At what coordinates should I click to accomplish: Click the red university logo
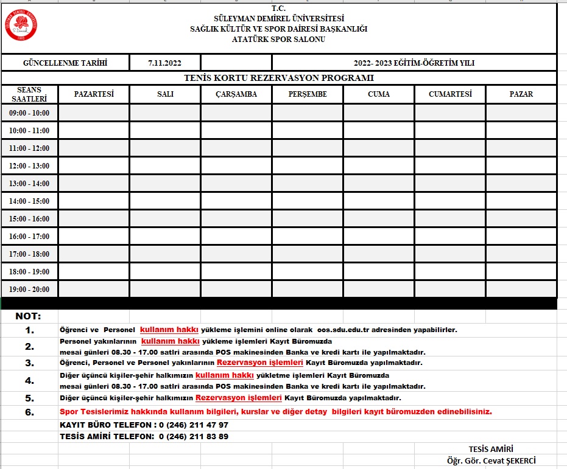[x=21, y=25]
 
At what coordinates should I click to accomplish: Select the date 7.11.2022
[x=164, y=63]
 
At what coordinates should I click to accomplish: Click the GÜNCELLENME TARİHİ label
[x=65, y=63]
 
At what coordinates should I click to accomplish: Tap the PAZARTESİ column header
[x=94, y=94]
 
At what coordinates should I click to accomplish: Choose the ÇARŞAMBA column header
[x=236, y=94]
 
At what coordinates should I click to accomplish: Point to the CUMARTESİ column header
[x=450, y=94]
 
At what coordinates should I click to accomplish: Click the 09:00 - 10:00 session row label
[x=29, y=113]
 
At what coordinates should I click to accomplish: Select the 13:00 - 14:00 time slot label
[x=29, y=183]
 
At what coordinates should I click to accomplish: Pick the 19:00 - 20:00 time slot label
[x=29, y=289]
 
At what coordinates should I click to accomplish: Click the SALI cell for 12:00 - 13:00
[x=165, y=165]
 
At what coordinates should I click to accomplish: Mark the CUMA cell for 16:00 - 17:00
[x=379, y=236]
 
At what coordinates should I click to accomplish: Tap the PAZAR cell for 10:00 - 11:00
[x=521, y=130]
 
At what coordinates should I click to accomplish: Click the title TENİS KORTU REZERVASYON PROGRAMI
[x=279, y=78]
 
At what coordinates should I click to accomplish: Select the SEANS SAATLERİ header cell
[x=29, y=94]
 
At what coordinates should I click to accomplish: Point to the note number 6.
[x=30, y=412]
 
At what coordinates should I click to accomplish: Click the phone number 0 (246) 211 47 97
[x=193, y=425]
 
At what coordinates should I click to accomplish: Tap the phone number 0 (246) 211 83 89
[x=193, y=436]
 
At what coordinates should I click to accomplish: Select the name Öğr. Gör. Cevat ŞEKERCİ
[x=491, y=460]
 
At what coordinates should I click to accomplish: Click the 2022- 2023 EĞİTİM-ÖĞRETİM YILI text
[x=414, y=63]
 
